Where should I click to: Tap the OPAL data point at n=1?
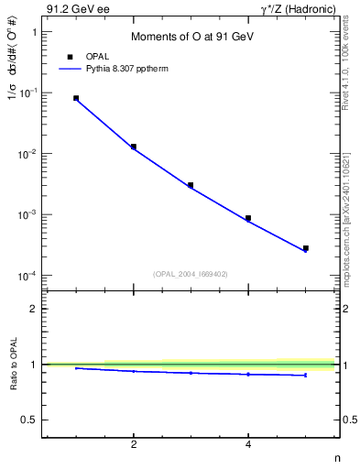76,98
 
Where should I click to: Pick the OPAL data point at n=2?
134,147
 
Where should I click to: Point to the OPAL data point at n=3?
191,185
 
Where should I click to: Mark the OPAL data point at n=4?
248,218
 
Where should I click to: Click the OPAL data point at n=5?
306,248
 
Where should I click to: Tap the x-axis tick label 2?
134,445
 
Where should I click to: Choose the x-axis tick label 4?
248,445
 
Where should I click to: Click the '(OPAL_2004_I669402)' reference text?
190,272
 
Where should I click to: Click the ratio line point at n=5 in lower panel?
306,375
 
